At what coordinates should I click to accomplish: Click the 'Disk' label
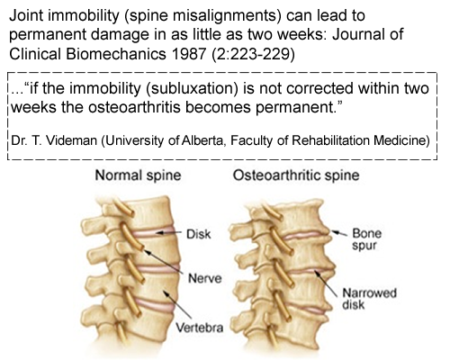199,234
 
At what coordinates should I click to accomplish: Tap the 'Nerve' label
205,278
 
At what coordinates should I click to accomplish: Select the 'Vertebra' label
199,328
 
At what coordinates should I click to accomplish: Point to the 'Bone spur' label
366,239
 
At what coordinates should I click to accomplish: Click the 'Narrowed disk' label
369,299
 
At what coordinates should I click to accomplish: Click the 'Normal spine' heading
138,175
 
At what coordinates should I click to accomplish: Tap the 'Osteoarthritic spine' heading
296,175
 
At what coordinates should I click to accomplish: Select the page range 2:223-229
253,54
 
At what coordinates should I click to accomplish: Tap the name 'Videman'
72,140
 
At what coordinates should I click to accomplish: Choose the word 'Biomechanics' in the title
116,54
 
